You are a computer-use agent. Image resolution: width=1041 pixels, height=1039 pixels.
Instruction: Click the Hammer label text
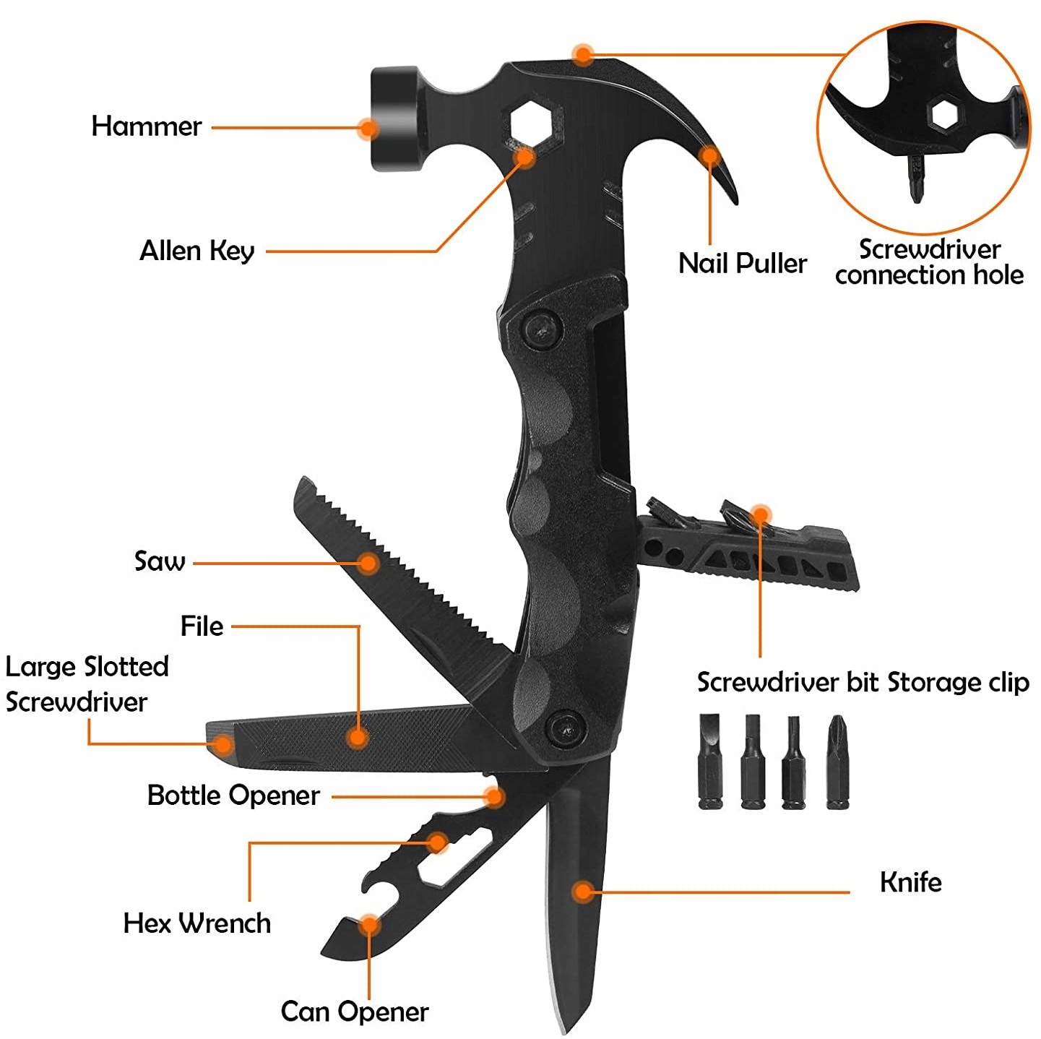point(146,126)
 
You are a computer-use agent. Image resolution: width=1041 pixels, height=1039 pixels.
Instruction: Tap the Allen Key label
point(196,251)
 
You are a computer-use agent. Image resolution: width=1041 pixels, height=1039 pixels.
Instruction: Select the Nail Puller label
point(742,263)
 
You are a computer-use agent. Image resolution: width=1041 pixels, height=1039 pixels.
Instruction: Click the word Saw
point(160,561)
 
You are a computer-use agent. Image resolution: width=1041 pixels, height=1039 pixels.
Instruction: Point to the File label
point(202,626)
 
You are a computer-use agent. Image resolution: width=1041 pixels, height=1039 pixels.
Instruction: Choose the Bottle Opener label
point(233,796)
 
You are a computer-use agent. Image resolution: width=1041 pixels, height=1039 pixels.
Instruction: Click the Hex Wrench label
point(196,923)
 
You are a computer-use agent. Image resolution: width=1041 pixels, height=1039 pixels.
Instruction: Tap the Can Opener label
point(354,1011)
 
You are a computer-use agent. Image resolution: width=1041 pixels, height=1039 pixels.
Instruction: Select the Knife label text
point(910,882)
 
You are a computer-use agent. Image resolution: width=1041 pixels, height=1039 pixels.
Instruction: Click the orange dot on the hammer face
point(368,129)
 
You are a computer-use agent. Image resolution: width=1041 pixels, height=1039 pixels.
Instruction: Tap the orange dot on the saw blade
point(368,563)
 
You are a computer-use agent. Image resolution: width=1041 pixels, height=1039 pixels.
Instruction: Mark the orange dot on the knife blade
point(582,891)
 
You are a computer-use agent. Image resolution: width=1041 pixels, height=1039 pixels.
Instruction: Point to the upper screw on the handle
point(543,329)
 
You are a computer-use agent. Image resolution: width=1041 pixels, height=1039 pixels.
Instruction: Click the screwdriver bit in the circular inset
point(916,177)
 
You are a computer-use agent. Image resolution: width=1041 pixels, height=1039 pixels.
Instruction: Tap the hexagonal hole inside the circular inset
point(943,114)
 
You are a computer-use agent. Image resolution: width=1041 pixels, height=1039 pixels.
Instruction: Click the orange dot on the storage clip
point(760,515)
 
